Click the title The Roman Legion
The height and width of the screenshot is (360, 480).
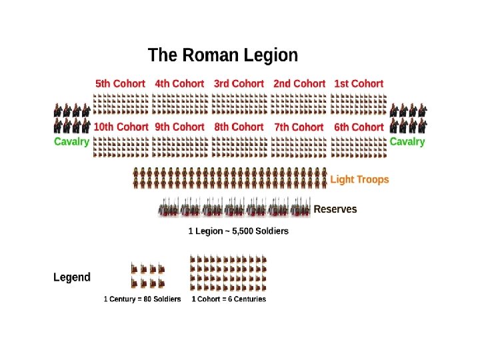coord(223,55)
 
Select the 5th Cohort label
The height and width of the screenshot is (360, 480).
coord(120,84)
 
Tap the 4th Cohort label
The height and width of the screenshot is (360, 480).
coord(179,84)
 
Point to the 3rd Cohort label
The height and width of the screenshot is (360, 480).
coord(239,84)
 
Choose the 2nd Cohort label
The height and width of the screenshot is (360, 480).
coord(299,84)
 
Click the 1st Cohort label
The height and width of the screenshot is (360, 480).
coord(359,84)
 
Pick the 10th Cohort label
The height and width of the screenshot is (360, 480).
coord(121,127)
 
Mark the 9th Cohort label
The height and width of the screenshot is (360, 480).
coord(179,127)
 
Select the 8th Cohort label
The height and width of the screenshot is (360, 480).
coord(239,127)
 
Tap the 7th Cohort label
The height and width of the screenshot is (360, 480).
coord(299,127)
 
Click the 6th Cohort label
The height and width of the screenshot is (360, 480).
coord(359,127)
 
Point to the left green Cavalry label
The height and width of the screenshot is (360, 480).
coord(71,142)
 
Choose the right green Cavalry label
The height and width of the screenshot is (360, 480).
coord(407,142)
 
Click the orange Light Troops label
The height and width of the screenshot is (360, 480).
coord(359,179)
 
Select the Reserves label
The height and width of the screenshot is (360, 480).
coord(335,209)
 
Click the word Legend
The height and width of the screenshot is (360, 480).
coord(72,277)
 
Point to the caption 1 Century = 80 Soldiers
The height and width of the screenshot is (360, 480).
coord(142,299)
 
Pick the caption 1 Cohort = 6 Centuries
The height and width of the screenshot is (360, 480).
coord(229,299)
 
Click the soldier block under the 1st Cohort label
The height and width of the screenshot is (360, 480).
coord(358,104)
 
